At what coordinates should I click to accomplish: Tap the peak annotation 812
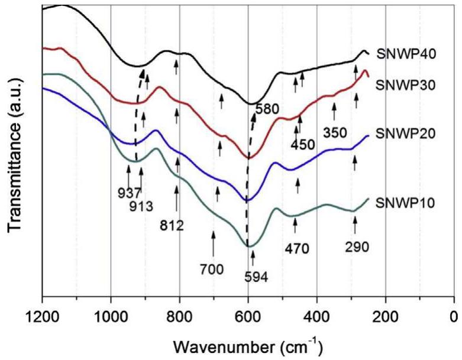click(x=172, y=225)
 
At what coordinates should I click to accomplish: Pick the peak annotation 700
click(x=212, y=270)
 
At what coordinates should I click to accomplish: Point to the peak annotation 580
click(x=268, y=109)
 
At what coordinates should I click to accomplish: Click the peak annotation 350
click(x=335, y=132)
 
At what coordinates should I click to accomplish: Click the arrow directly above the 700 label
click(x=213, y=243)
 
